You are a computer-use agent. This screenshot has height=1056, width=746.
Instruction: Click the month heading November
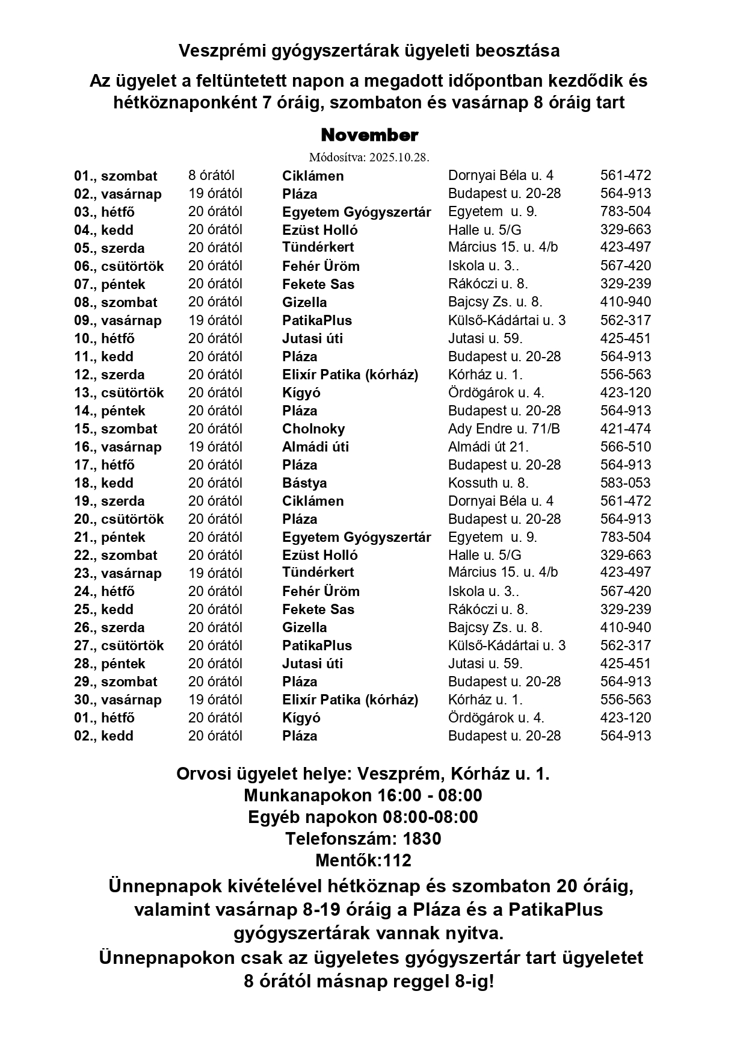pos(369,135)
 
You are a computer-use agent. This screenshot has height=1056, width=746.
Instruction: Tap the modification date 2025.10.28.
pos(399,157)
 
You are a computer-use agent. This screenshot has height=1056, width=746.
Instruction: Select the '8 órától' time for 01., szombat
pos(211,176)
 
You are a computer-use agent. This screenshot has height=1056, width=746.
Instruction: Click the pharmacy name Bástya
pos(304,483)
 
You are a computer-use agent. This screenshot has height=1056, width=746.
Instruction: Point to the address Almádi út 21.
pos(489,447)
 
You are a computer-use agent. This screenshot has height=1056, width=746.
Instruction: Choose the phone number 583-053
pos(625,483)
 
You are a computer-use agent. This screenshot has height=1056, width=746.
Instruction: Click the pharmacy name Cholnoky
pos(313,429)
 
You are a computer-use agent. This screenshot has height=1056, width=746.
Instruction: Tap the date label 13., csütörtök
pos(119,393)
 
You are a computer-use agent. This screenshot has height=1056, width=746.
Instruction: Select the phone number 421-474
pos(625,429)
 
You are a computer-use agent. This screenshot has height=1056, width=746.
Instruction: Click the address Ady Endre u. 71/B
pos(504,429)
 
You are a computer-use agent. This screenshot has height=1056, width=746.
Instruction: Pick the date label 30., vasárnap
pos(118,700)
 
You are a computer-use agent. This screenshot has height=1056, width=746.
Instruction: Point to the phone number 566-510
pos(625,447)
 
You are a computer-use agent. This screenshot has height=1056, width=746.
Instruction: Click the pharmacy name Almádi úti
pos(315,447)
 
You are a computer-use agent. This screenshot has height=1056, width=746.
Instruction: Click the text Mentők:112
pos(363,860)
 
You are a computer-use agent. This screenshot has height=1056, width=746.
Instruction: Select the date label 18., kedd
pos(103,483)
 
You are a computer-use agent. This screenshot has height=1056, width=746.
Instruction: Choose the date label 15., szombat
pos(116,429)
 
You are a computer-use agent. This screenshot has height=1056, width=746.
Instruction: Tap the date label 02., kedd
pos(103,736)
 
